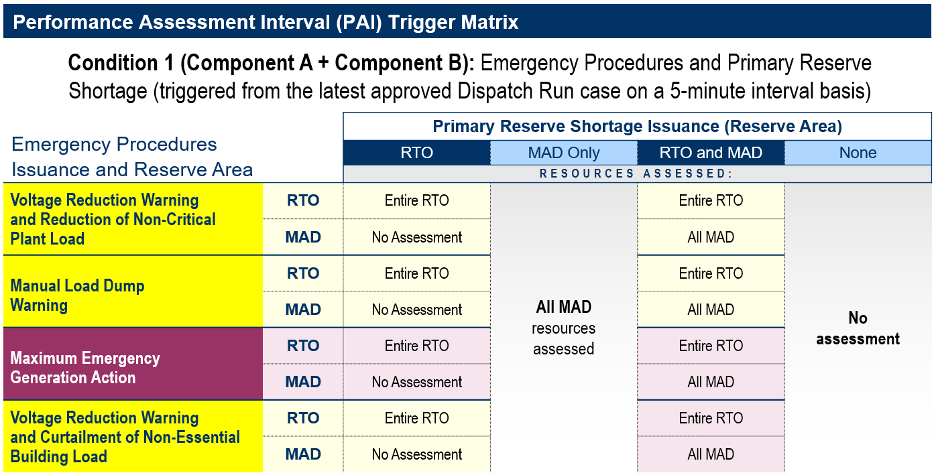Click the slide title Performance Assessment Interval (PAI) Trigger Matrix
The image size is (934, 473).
266,22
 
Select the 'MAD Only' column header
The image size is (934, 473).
563,153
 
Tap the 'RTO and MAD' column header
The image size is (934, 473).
711,153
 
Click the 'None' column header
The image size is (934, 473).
858,153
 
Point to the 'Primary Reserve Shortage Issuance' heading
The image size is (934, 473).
637,126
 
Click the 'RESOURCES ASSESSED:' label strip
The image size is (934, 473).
636,174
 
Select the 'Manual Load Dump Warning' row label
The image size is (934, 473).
77,295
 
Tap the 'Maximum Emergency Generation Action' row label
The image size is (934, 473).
85,368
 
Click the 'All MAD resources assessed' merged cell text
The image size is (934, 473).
563,328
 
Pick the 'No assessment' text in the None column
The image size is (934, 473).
858,328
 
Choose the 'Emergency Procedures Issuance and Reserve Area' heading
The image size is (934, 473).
132,157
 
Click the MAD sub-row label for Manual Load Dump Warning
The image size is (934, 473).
303,310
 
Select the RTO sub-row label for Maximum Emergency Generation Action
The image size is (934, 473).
303,346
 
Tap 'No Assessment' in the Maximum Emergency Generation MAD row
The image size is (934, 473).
416,382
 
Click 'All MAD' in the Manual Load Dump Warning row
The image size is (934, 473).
711,310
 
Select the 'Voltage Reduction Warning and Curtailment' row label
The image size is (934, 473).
125,437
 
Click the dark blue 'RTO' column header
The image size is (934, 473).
416,153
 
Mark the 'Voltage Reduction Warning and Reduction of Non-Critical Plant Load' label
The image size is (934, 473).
113,219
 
